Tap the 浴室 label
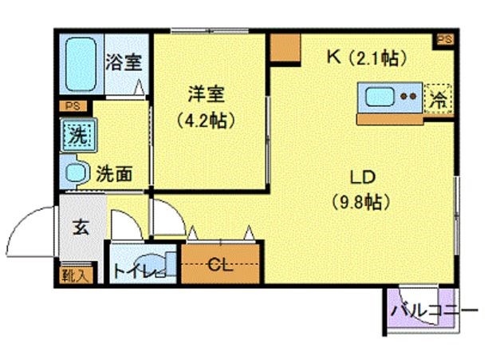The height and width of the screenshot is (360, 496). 124,61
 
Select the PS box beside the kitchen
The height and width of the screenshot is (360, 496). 443,39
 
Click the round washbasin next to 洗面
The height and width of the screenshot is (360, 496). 77,172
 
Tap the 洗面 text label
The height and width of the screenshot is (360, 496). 114,173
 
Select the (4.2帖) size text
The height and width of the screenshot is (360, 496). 206,121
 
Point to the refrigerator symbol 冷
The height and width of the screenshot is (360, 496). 438,99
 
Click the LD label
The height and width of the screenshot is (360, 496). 360,177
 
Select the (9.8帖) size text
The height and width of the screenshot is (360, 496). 360,202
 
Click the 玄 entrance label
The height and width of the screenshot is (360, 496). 81,227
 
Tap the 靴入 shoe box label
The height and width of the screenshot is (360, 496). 77,275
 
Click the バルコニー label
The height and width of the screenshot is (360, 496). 434,310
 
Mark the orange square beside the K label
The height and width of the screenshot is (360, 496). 283,49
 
